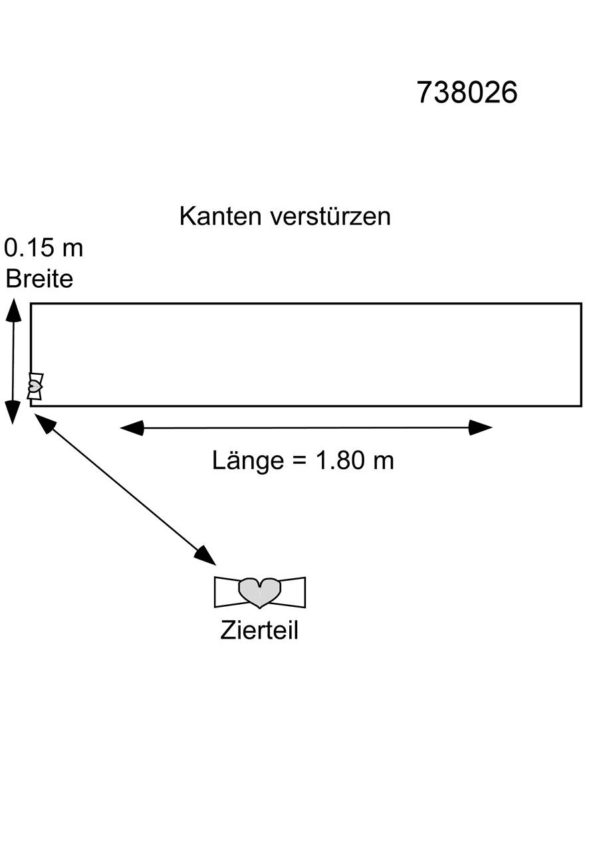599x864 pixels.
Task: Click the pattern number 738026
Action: click(467, 92)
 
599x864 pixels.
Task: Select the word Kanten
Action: click(220, 217)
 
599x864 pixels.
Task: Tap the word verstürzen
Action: click(330, 217)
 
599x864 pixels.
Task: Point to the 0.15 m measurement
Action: click(44, 248)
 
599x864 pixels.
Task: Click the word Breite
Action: click(39, 278)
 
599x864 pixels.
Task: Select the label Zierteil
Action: click(259, 630)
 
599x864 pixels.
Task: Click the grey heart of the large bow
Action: click(260, 593)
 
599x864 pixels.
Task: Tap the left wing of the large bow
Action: click(227, 592)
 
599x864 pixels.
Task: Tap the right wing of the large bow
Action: click(293, 592)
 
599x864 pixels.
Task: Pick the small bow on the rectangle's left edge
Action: click(35, 386)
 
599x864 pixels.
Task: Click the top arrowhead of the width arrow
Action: click(13, 310)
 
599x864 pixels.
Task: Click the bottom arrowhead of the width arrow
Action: click(13, 412)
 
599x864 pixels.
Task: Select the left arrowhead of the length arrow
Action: click(132, 428)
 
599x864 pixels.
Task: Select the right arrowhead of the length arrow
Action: click(481, 428)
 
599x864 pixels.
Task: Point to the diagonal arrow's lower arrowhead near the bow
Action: click(205, 556)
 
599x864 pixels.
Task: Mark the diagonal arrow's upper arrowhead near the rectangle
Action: click(45, 423)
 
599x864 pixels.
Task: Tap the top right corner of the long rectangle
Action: click(581, 304)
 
